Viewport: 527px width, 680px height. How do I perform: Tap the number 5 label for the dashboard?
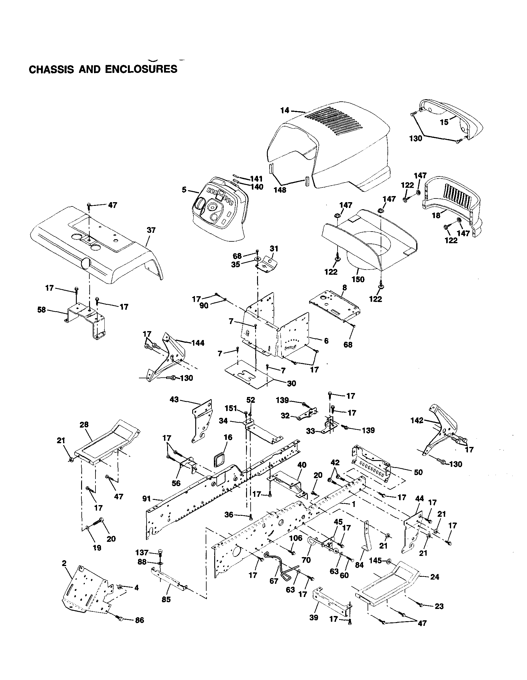184,189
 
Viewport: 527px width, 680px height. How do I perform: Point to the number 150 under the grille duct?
358,279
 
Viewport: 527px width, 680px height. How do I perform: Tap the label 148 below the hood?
280,189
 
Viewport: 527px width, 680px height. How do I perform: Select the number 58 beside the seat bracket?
41,310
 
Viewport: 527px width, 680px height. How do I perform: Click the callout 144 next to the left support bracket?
198,343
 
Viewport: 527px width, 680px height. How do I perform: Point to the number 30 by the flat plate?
291,383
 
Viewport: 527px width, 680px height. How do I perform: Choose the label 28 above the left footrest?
84,425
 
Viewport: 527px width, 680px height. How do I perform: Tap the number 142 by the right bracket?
417,421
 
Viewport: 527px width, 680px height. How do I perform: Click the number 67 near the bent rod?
274,581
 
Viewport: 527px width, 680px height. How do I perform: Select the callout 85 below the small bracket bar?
166,599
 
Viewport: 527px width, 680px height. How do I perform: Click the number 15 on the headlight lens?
444,122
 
